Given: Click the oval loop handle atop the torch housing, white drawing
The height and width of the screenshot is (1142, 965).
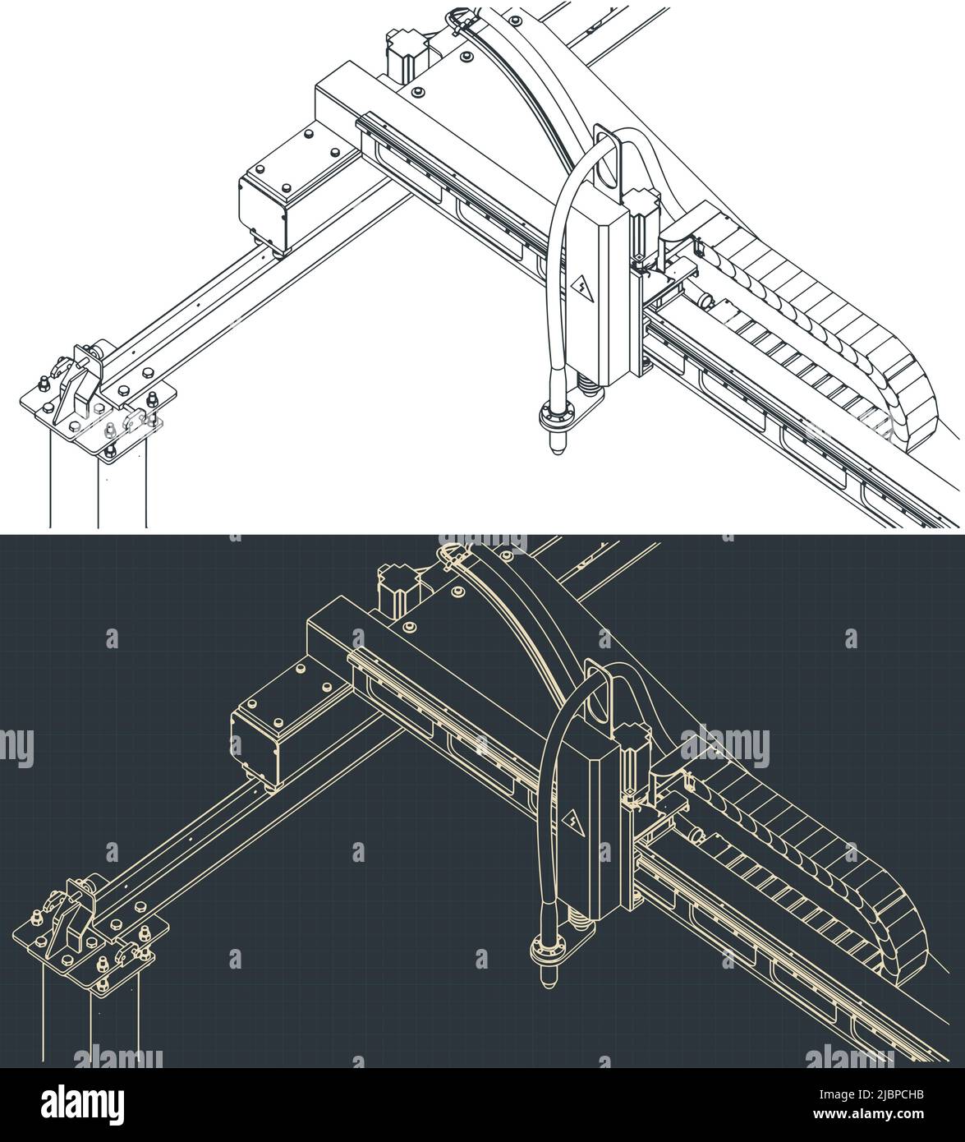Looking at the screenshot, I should [608, 159].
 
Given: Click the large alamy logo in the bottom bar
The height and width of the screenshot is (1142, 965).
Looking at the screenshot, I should [84, 1103].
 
